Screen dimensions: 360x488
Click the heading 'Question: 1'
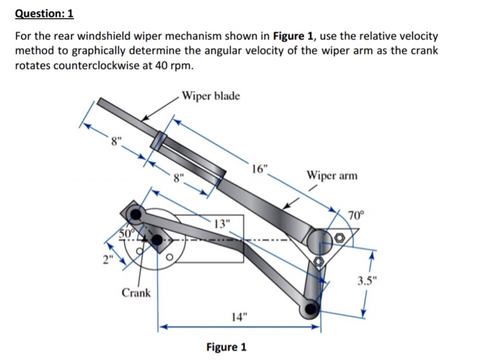(44, 14)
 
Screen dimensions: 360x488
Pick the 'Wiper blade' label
(209, 95)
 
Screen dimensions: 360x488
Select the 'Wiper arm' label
(331, 175)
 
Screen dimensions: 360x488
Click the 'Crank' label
(136, 292)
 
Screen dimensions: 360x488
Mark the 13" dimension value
(220, 223)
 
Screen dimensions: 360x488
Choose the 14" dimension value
(238, 317)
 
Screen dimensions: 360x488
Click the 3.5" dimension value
(365, 282)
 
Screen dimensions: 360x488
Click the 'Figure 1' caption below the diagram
(226, 347)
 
